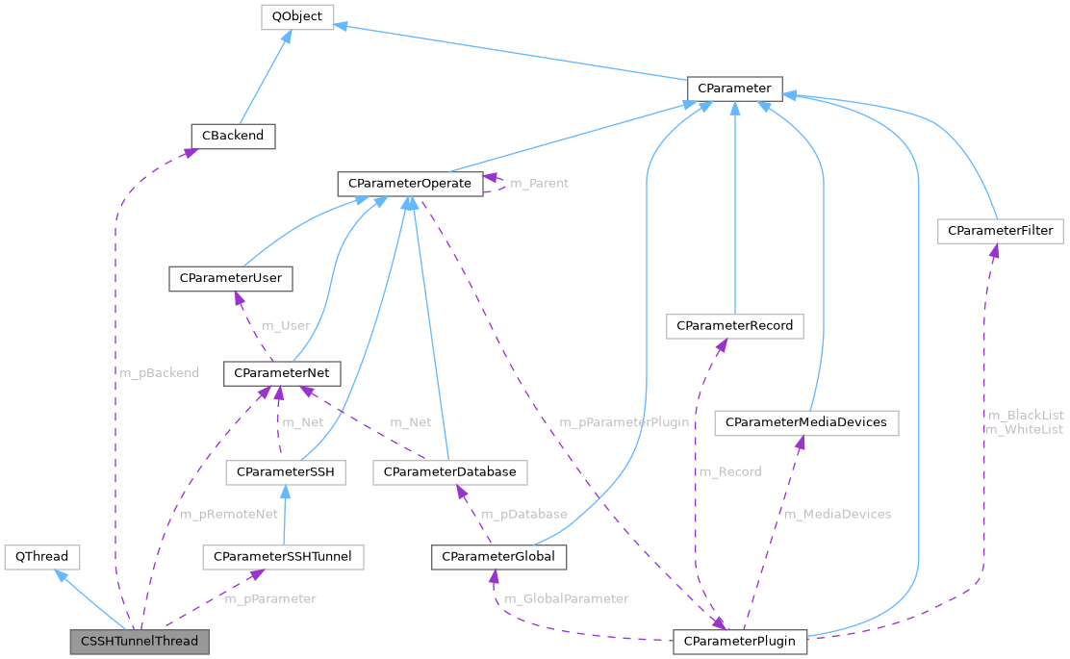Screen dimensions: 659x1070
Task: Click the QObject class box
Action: click(x=297, y=16)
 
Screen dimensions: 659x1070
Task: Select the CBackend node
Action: click(x=233, y=136)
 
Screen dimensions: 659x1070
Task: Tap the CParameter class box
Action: click(x=734, y=89)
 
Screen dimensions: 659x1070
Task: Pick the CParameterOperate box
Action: click(x=410, y=183)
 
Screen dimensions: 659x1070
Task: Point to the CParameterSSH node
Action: click(x=286, y=471)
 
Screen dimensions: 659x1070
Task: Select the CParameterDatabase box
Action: click(x=449, y=471)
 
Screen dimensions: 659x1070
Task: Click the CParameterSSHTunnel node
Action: click(x=283, y=556)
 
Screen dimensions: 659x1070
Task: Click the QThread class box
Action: click(x=42, y=556)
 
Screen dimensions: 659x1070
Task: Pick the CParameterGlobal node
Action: click(x=499, y=556)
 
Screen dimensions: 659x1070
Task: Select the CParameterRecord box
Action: click(x=735, y=326)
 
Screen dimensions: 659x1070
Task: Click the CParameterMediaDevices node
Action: click(x=812, y=422)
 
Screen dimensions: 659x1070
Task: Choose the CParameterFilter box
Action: click(x=1001, y=231)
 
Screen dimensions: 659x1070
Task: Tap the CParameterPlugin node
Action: click(x=740, y=641)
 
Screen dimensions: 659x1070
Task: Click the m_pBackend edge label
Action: click(x=160, y=372)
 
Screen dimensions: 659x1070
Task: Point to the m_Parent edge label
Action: click(x=539, y=183)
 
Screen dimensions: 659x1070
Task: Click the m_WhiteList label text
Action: click(x=1025, y=429)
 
